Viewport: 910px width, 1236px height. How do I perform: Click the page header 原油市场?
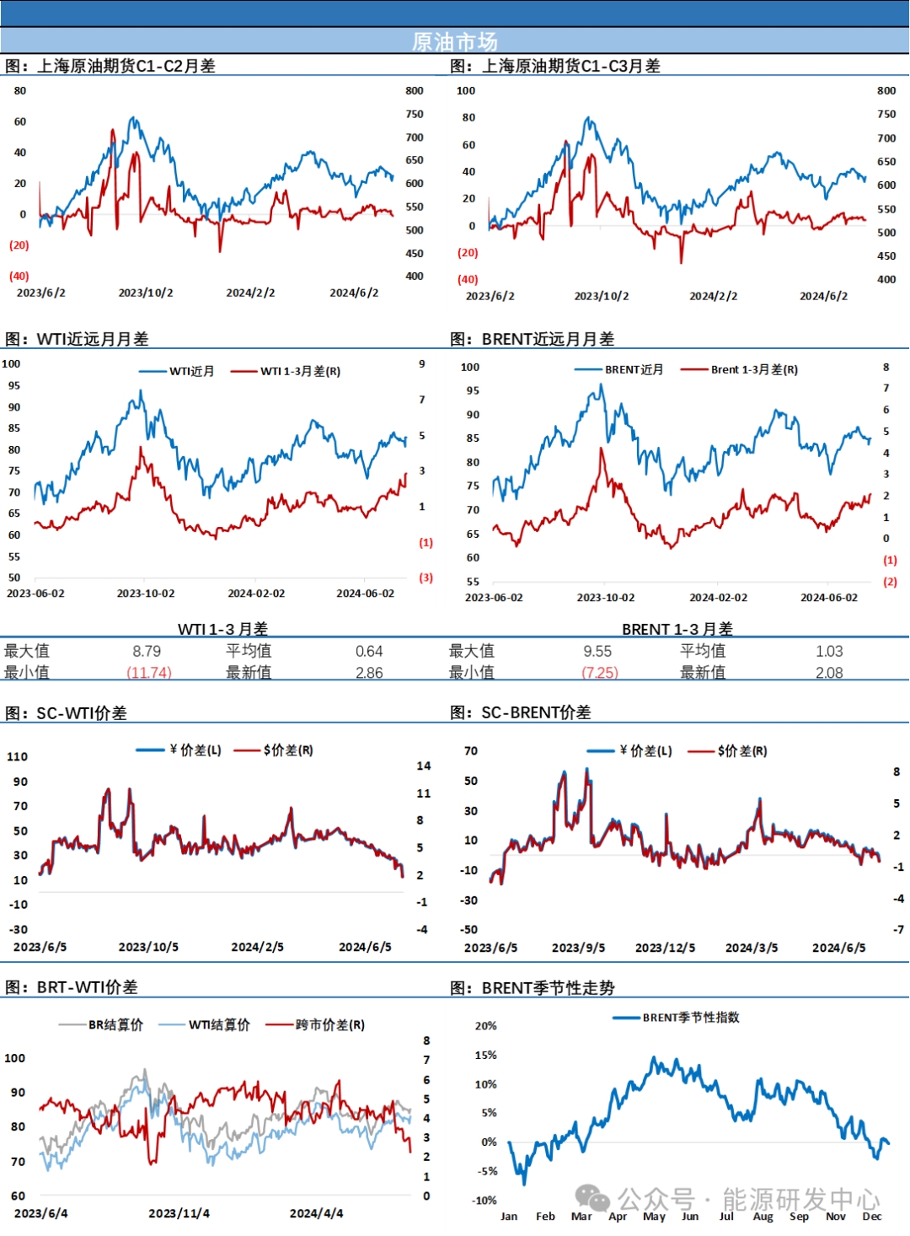pos(454,41)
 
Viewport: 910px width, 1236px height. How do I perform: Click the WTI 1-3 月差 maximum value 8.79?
pos(147,651)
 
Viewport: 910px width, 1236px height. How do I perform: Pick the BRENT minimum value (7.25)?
pos(600,673)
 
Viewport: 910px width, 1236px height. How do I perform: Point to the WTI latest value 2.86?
pos(369,673)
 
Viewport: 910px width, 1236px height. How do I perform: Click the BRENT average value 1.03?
pos(829,651)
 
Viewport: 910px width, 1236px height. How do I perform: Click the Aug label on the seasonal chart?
pos(763,1216)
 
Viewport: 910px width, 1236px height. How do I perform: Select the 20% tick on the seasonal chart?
pos(486,1026)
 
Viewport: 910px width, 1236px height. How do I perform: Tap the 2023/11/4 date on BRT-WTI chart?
pos(179,1213)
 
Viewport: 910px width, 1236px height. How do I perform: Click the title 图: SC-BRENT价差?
pos(521,712)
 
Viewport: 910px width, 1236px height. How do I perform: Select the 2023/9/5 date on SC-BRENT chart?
pos(578,948)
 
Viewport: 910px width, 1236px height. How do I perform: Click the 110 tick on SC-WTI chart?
pos(18,756)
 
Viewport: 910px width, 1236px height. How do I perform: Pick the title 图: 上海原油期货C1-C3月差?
pos(555,66)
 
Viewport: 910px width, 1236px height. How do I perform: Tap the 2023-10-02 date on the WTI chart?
pos(146,594)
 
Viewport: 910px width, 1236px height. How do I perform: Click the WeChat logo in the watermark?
pos(592,1197)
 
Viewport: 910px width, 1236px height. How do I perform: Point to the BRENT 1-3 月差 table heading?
pos(677,629)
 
